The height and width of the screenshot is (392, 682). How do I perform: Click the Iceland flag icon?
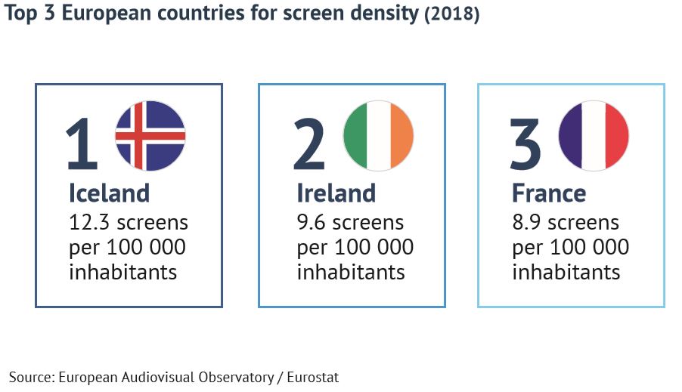[150, 136]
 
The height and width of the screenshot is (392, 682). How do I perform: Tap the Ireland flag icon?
[377, 136]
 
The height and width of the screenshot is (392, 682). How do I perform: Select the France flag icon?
[594, 136]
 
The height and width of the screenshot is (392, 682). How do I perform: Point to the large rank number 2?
[309, 145]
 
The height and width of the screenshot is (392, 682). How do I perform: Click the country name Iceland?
[109, 193]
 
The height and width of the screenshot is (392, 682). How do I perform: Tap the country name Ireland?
[336, 193]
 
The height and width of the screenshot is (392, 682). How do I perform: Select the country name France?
[549, 193]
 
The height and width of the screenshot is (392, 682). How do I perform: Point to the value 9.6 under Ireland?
[312, 223]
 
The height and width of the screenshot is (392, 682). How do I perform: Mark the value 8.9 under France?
[527, 223]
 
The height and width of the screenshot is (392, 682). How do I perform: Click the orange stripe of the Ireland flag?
[401, 136]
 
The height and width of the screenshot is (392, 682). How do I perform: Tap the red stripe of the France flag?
[617, 136]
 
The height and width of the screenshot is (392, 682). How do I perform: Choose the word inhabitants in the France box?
[566, 271]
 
